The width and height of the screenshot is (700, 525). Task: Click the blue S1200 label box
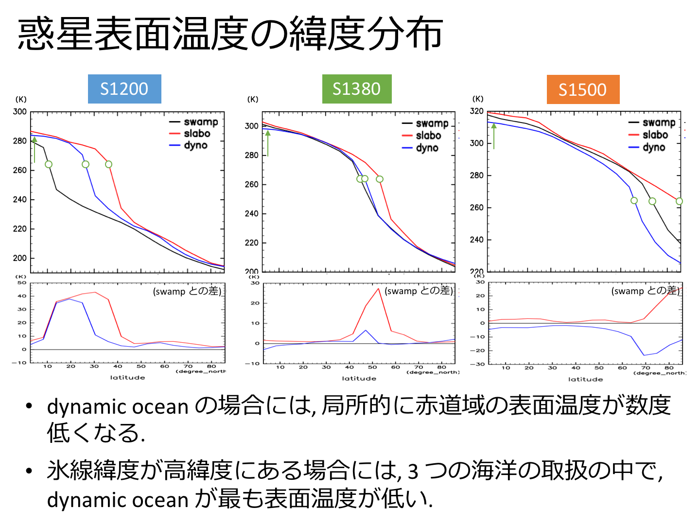(x=124, y=89)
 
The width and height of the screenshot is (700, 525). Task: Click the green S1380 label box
(x=357, y=89)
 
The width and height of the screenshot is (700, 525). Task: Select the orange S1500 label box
(x=583, y=89)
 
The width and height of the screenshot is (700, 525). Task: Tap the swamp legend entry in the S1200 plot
(x=194, y=122)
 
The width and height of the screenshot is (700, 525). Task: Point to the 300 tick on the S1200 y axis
(x=20, y=112)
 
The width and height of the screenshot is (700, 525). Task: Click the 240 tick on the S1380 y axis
(x=251, y=213)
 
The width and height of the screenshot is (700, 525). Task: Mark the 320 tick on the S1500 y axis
(x=476, y=111)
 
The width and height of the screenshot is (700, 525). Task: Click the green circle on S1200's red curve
(x=108, y=164)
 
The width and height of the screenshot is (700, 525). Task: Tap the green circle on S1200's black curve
(x=49, y=164)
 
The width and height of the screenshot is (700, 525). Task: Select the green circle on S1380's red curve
(x=380, y=179)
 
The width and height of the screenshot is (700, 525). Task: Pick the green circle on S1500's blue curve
(x=634, y=201)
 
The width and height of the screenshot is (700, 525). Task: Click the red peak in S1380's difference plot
(x=378, y=289)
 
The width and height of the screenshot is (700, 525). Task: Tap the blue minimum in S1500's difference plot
(x=645, y=355)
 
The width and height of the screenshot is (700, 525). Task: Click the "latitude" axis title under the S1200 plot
(x=127, y=377)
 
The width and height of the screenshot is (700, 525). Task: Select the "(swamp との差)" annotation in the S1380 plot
(x=419, y=291)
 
